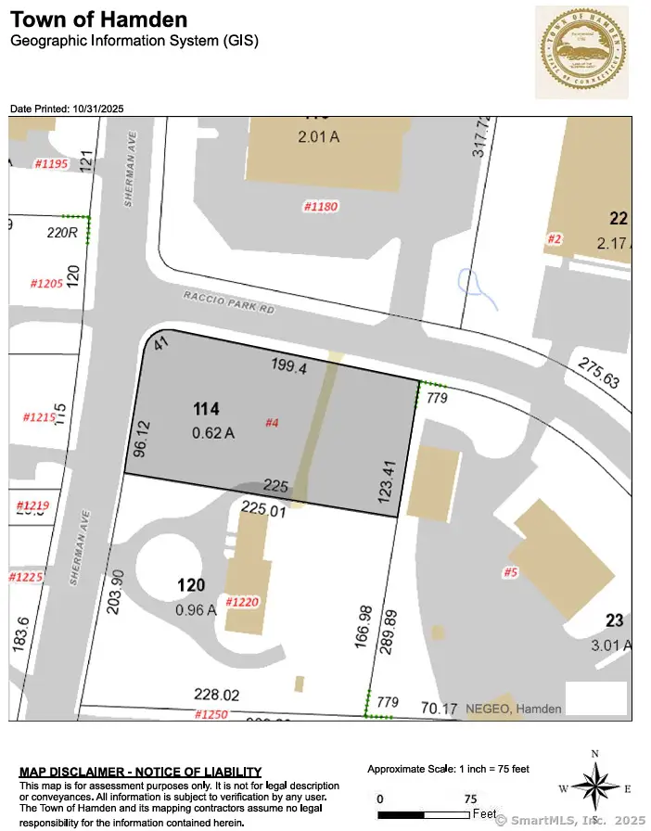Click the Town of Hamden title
pyautogui.click(x=98, y=19)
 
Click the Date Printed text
pyautogui.click(x=67, y=109)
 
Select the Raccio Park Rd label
pyautogui.click(x=230, y=302)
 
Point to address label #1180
pyautogui.click(x=321, y=206)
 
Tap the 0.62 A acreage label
pyautogui.click(x=213, y=431)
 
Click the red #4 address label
pyautogui.click(x=273, y=423)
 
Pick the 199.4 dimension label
pyautogui.click(x=288, y=367)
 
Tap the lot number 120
pyautogui.click(x=191, y=585)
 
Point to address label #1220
pyautogui.click(x=239, y=601)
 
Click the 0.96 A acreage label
pyautogui.click(x=196, y=609)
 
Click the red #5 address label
pyautogui.click(x=510, y=572)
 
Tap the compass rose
pyautogui.click(x=594, y=788)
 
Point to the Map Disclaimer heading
pyautogui.click(x=140, y=772)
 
